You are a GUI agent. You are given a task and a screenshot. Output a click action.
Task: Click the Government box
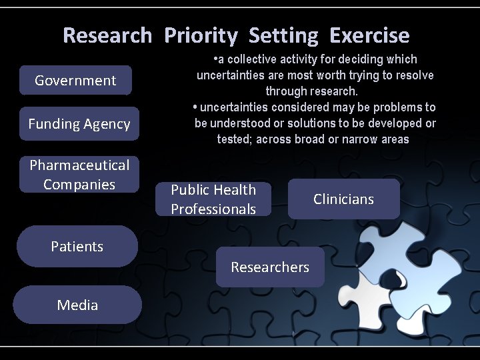[x=75, y=81]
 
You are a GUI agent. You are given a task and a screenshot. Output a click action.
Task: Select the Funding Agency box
[x=79, y=124]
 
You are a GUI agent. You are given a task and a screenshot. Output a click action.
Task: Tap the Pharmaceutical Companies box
[x=79, y=174]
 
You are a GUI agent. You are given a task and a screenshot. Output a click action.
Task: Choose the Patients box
[x=77, y=246]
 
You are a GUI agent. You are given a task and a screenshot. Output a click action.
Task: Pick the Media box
[x=77, y=305]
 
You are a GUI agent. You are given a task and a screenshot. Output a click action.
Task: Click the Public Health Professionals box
[x=213, y=199]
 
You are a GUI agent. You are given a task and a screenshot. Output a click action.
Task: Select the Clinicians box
[x=343, y=199]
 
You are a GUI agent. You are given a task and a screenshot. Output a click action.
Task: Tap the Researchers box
[x=270, y=267]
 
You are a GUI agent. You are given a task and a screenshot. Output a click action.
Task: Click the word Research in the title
[x=107, y=35]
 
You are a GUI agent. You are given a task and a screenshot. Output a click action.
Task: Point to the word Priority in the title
[x=201, y=35]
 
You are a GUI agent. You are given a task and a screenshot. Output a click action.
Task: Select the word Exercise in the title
[x=369, y=35]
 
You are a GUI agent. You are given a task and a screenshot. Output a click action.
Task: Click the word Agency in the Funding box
[x=107, y=124]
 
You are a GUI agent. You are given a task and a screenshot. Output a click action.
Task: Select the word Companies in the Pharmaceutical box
[x=79, y=184]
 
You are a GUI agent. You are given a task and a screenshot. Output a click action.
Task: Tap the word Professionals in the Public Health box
[x=213, y=209]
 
